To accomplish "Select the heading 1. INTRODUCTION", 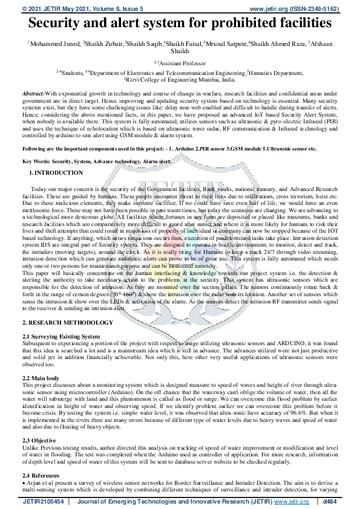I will pyautogui.click(x=56, y=173).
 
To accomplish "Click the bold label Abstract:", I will pyautogui.click(x=33, y=94).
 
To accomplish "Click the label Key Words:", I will pyautogui.click(x=36, y=161).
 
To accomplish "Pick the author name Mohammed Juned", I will pyautogui.click(x=54, y=44).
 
